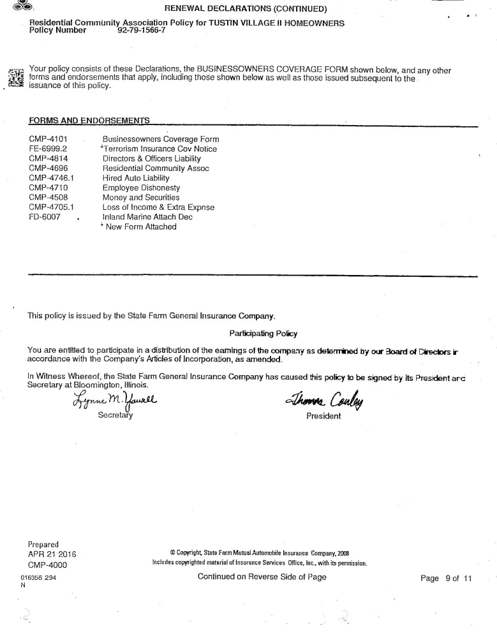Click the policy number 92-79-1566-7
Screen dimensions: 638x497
pyautogui.click(x=141, y=31)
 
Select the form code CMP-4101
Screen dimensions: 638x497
pyautogui.click(x=48, y=139)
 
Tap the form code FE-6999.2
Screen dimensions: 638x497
pyautogui.click(x=49, y=149)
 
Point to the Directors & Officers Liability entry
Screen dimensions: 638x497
pyautogui.click(x=152, y=158)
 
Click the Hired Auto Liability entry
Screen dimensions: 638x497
pyautogui.click(x=136, y=178)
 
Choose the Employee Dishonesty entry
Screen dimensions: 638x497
pyautogui.click(x=141, y=188)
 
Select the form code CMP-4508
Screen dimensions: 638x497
pyautogui.click(x=48, y=198)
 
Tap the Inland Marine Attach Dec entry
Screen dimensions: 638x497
pyautogui.click(x=147, y=217)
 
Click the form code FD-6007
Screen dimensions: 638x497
pyautogui.click(x=45, y=217)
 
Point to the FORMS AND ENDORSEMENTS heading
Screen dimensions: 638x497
pyautogui.click(x=89, y=120)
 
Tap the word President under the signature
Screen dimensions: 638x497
pyautogui.click(x=323, y=416)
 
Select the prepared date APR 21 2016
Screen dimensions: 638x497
pyautogui.click(x=52, y=554)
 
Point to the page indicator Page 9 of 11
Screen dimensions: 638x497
pyautogui.click(x=445, y=579)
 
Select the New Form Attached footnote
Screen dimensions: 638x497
pyautogui.click(x=138, y=226)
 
